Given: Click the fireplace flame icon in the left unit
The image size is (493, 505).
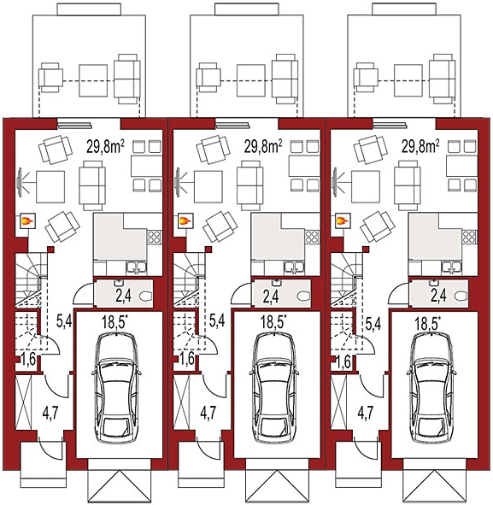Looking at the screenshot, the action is coord(27,221).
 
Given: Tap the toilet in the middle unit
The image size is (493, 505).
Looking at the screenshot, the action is coord(303,296).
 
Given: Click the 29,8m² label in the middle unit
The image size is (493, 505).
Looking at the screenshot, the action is coord(263,146).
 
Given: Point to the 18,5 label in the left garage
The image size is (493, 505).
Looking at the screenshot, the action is coord(114,322).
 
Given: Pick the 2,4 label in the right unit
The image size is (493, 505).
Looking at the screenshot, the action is coord(438,296).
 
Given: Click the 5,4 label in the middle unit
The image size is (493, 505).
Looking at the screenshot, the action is coord(217,320).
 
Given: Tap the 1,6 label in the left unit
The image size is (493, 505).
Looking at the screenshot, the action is coord(29,359).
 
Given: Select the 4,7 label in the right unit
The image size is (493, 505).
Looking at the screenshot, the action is coord(366,414).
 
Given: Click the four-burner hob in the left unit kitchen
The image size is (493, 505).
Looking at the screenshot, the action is coord(154,237).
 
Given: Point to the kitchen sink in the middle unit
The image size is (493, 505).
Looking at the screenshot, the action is coord(294,267).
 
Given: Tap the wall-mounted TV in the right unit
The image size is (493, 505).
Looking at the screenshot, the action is coord(335,182).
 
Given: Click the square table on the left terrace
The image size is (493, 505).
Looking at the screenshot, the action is coord(93,80).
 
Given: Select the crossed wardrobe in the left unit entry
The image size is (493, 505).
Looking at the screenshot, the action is coord(24,402).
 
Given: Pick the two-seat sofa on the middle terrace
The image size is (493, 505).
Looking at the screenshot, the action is coord(285,79).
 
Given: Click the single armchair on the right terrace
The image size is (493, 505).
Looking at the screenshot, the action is coord(366,78).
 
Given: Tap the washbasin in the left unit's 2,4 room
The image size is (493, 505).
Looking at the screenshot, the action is coord(118,283).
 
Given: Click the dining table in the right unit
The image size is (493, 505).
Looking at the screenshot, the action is coord(461,166).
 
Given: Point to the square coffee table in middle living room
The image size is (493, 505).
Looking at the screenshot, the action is coord(208,187).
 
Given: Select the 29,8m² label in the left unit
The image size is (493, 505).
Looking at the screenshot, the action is coord(105,146).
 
